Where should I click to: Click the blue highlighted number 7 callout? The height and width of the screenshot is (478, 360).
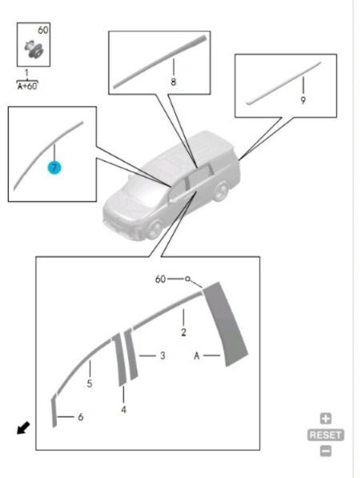point(54,168)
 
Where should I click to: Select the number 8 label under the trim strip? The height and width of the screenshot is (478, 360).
point(174,82)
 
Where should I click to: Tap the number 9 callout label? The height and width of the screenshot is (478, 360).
point(302,100)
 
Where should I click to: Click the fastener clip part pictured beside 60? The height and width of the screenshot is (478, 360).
point(34,49)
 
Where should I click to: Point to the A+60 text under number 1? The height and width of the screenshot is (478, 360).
point(27,86)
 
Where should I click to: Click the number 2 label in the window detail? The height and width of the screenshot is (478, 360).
point(183,332)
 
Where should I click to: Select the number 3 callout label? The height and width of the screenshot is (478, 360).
point(162,356)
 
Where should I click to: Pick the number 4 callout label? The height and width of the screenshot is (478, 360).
point(123,409)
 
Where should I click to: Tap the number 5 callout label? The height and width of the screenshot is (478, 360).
point(90,384)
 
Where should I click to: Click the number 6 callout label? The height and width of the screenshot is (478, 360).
point(81,417)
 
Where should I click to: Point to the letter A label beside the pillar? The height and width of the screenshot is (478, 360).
point(197,356)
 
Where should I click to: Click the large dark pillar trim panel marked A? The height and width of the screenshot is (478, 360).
point(226,325)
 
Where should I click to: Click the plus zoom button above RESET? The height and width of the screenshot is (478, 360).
point(326,418)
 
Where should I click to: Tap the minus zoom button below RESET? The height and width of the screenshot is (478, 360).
point(326,451)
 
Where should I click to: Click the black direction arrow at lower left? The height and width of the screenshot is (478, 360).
point(23,428)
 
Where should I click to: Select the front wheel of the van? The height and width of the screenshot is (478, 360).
point(155,229)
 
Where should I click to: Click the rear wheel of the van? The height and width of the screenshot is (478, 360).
point(222,191)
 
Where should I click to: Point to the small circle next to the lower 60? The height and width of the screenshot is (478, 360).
point(188,279)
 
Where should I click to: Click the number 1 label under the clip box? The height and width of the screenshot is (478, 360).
point(26,74)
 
